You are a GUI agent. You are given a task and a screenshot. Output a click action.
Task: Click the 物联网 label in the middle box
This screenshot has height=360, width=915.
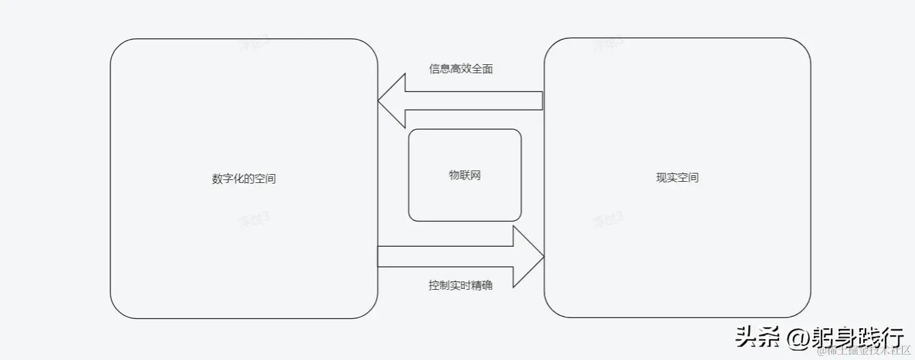click(465, 175)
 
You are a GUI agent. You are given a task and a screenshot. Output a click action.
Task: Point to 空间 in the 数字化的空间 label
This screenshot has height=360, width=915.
click(265, 179)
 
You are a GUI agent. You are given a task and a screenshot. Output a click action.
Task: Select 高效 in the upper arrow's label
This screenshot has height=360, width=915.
click(461, 69)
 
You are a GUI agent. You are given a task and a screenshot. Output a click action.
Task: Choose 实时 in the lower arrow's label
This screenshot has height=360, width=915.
click(461, 286)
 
